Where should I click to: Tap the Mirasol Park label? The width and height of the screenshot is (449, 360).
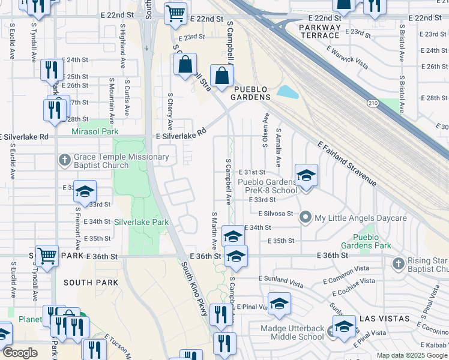pos(95,131)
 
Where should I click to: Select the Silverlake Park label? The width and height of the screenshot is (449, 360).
pos(142,222)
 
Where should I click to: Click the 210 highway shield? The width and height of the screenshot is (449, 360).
pos(373,104)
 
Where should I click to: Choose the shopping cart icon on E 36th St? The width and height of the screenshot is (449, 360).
pos(47,256)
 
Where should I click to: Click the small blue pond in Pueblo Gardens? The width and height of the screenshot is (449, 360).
pos(288,92)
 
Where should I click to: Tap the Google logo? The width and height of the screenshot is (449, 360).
pos(20,353)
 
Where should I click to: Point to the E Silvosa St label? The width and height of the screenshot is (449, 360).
pos(276,214)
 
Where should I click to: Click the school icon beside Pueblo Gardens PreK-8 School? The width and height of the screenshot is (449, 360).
pos(306,175)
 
